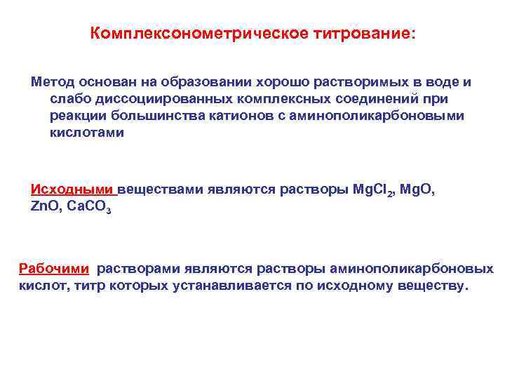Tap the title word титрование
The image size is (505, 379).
[x=362, y=34]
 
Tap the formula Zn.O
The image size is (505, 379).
[x=46, y=207]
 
